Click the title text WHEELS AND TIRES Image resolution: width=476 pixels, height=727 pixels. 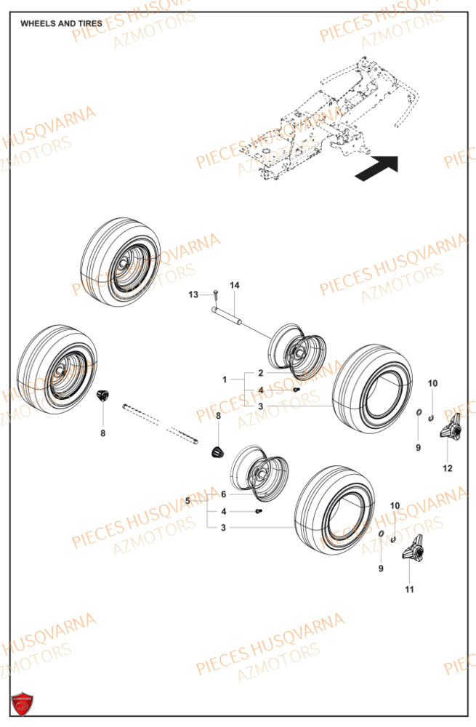[x=61, y=23]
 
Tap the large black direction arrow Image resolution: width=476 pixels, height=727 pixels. [x=377, y=169]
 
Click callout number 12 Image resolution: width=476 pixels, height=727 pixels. [x=448, y=468]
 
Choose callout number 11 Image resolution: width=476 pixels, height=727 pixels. [x=409, y=589]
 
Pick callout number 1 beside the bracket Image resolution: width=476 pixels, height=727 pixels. [x=225, y=379]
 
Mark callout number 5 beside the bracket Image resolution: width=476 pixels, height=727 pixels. [x=187, y=500]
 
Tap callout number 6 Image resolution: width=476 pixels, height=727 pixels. [x=224, y=494]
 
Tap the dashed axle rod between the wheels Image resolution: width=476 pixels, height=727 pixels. [x=160, y=421]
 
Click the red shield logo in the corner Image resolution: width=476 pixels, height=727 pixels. [x=22, y=704]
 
